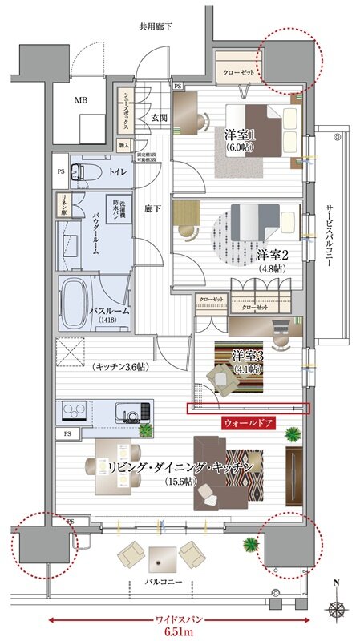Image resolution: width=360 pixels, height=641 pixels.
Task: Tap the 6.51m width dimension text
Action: (180, 631)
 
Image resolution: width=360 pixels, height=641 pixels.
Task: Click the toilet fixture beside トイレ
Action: (80, 171)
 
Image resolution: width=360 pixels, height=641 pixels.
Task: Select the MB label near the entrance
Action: (82, 101)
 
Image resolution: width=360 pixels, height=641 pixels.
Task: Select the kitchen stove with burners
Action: (77, 411)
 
